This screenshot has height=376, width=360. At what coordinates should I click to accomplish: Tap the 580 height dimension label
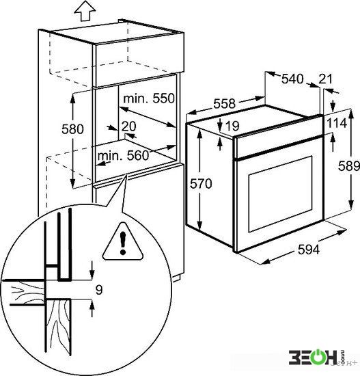72,129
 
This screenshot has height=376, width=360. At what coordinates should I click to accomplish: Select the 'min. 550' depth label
149,98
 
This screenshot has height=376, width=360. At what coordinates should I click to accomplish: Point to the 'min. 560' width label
124,156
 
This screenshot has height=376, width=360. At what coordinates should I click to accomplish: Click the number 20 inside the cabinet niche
128,126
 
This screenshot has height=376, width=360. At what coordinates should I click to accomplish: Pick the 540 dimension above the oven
292,79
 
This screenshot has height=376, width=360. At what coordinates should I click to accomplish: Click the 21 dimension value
325,79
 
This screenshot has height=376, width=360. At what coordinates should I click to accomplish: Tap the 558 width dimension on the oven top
225,104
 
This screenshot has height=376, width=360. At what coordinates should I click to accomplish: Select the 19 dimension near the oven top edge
232,126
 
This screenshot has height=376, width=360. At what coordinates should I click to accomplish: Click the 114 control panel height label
337,123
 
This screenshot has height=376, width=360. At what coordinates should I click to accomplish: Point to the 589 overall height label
349,166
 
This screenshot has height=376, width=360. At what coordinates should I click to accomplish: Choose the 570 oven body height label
201,184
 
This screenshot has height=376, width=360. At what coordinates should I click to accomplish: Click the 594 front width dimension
309,250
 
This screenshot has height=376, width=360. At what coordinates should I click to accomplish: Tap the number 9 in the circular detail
99,290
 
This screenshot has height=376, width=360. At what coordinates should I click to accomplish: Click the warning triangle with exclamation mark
123,242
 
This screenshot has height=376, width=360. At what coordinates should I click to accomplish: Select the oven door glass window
281,193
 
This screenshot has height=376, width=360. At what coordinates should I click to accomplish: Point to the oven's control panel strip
279,137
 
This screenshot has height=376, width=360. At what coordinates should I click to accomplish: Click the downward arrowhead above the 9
92,275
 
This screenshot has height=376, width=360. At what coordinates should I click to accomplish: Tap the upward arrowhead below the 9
92,304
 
